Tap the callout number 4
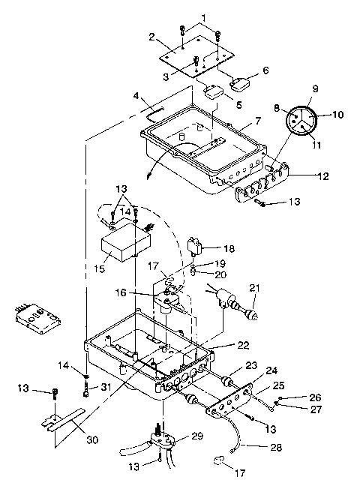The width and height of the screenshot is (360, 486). pyautogui.click(x=136, y=96)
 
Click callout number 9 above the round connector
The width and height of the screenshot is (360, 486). pyautogui.click(x=314, y=88)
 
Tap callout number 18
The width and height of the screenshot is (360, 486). pyautogui.click(x=229, y=247)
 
